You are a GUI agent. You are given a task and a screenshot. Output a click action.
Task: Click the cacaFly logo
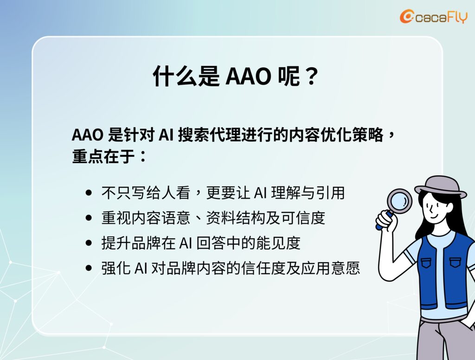coord(434,16)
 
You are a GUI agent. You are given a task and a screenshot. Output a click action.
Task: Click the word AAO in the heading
coord(248,76)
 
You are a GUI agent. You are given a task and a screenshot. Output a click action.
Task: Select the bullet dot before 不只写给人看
coord(89,193)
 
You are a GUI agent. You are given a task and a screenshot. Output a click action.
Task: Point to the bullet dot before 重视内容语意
coord(89,218)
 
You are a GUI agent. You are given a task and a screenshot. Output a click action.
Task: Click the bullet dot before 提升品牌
coord(89,243)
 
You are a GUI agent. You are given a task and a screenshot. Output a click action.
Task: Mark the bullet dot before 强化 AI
coord(89,268)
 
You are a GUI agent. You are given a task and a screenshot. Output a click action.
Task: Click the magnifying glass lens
coord(399,200)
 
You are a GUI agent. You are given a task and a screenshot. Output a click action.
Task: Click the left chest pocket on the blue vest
coord(426,263)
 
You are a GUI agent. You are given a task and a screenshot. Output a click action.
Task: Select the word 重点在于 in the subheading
coord(103,157)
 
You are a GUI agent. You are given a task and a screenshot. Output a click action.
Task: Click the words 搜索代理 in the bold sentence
coord(209,135)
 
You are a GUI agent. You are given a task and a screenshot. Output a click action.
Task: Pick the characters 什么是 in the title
coord(186,76)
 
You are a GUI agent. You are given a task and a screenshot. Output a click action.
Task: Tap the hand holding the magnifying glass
coord(385,220)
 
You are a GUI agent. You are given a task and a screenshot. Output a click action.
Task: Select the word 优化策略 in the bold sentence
coord(353,135)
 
